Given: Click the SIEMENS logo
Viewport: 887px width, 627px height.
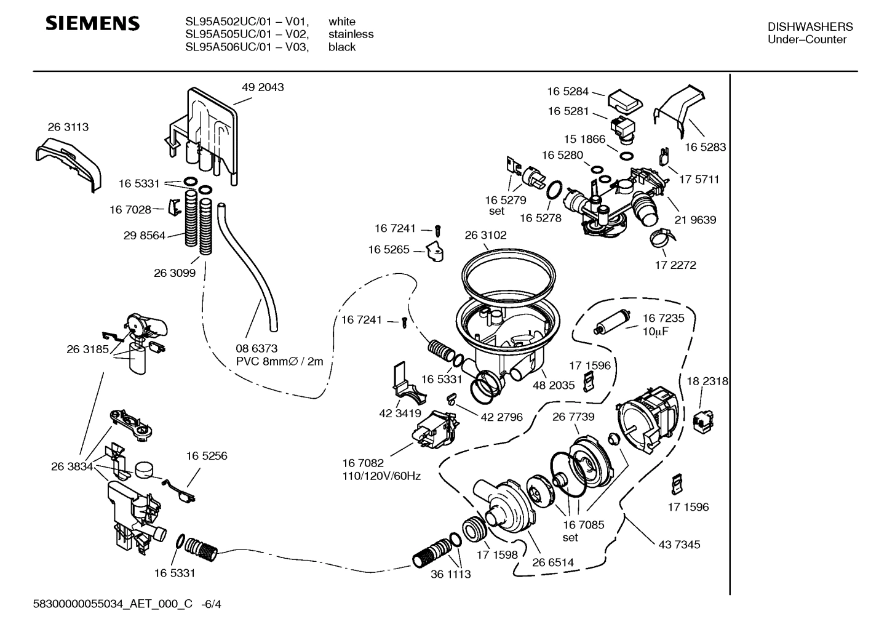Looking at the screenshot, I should pos(93,24).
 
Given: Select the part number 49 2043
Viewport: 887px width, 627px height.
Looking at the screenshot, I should pos(263,87).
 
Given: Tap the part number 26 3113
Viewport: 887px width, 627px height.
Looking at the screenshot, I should pos(68,127).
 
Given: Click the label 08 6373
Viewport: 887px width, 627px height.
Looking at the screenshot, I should pos(257,348).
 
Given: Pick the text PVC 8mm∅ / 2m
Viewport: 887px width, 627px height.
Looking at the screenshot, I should pos(279,362).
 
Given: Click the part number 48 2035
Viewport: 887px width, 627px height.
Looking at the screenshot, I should pos(554,385).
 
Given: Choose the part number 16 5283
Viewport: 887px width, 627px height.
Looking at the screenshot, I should pos(705,147).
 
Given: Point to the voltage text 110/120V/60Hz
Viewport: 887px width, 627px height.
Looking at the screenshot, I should pos(381,476).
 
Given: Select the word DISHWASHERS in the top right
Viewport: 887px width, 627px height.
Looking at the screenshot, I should pos(810,26).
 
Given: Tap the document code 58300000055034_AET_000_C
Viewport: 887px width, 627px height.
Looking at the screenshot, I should pos(116,604).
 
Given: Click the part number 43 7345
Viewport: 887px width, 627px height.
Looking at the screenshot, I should pos(679,545).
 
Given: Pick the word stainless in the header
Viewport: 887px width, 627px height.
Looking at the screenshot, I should pos(351,34).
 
